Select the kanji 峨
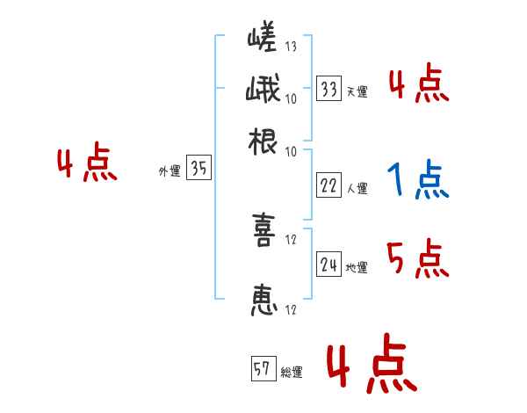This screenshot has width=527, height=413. pyautogui.click(x=263, y=92)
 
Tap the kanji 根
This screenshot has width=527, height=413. pyautogui.click(x=263, y=143)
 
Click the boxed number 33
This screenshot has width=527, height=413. pyautogui.click(x=328, y=88)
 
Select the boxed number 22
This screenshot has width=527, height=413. pyautogui.click(x=328, y=185)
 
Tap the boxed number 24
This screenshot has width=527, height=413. pyautogui.click(x=328, y=264)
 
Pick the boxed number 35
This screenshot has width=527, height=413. pyautogui.click(x=199, y=169)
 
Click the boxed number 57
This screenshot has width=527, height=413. pyautogui.click(x=262, y=370)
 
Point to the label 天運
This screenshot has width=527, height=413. pyautogui.click(x=356, y=91)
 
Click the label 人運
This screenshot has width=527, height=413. pyautogui.click(x=356, y=188)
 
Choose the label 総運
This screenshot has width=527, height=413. pyautogui.click(x=291, y=373)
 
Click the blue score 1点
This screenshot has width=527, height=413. pyautogui.click(x=417, y=181)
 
